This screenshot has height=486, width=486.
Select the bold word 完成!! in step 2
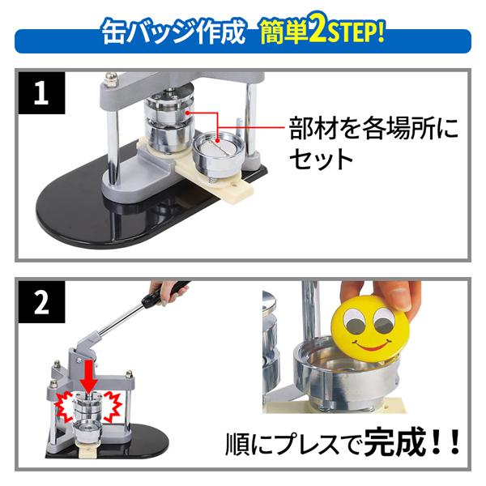coord(411,443)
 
